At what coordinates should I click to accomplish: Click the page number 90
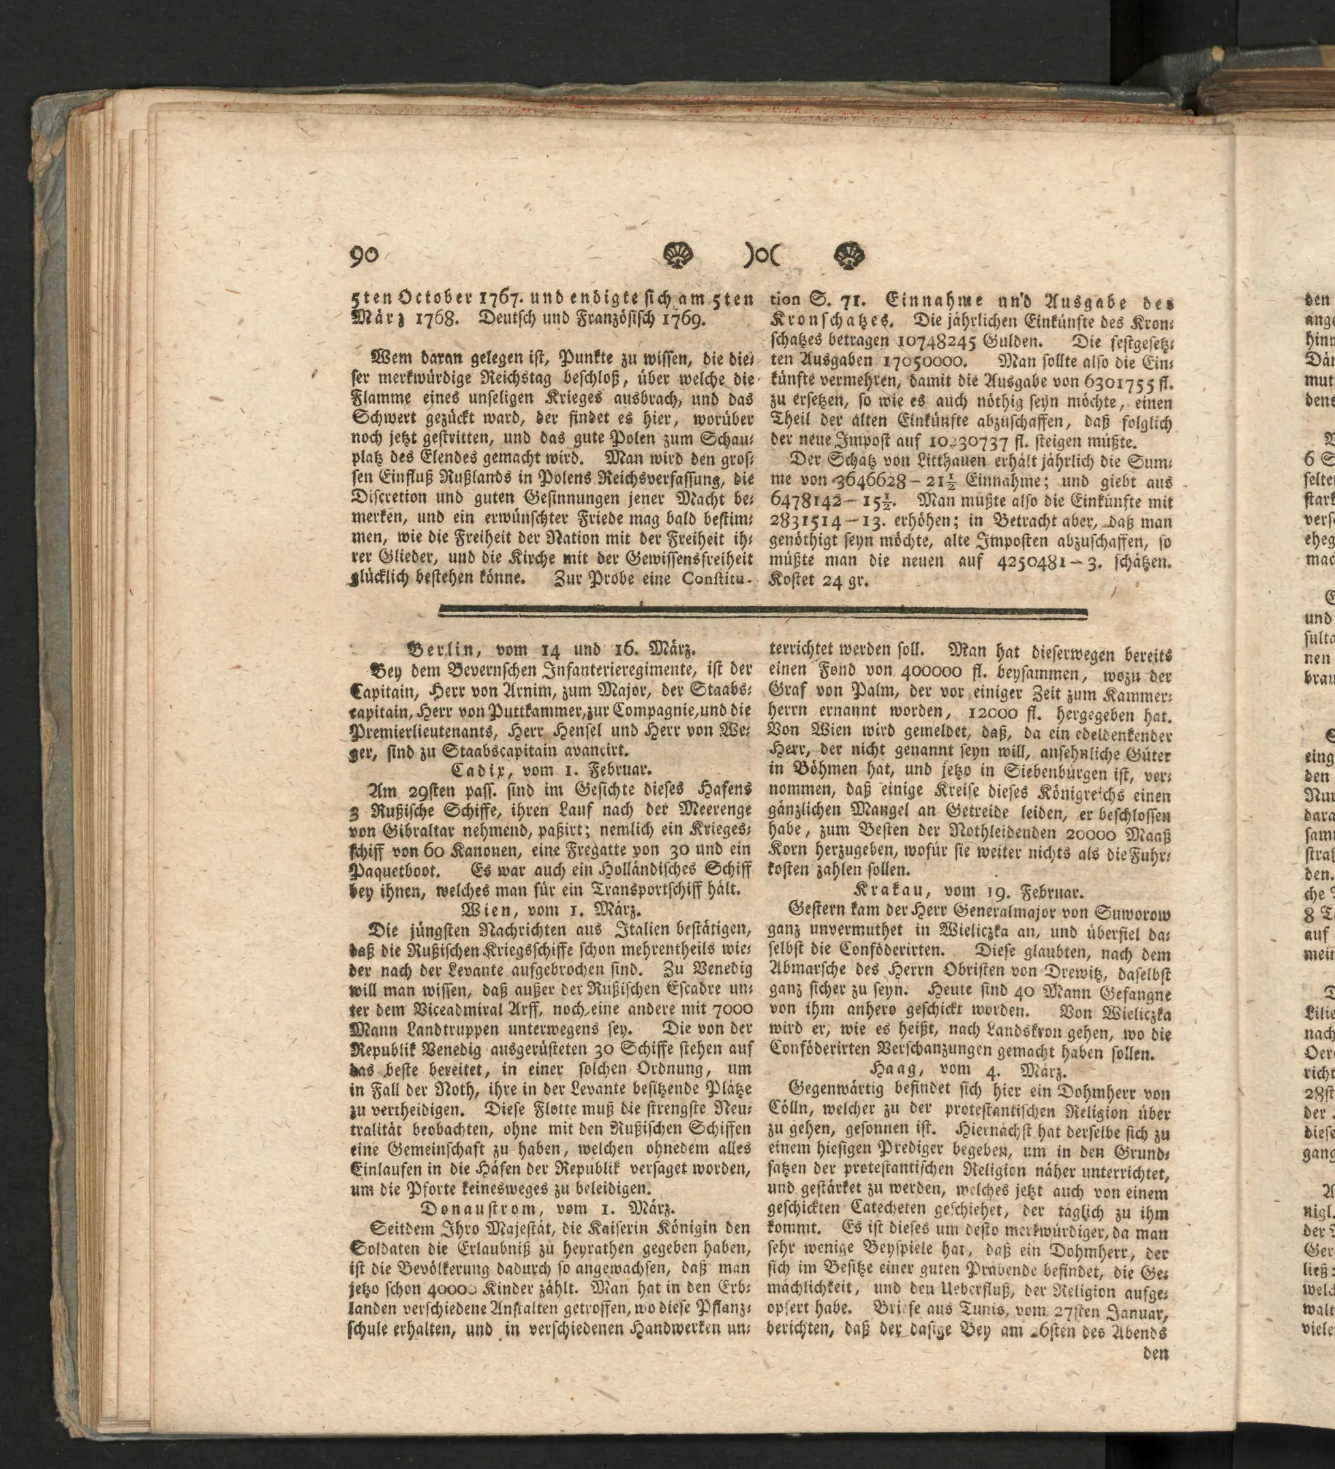365,256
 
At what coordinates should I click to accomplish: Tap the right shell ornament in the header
848,255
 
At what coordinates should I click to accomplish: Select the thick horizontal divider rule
763,613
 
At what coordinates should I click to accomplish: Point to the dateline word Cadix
482,770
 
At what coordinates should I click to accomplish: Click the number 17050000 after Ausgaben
925,360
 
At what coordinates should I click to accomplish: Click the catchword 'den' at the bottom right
1156,1354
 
